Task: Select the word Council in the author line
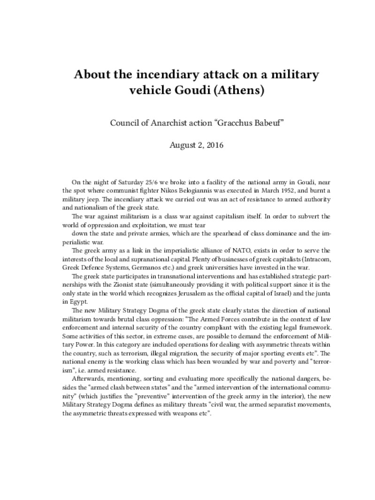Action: click(x=123, y=123)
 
